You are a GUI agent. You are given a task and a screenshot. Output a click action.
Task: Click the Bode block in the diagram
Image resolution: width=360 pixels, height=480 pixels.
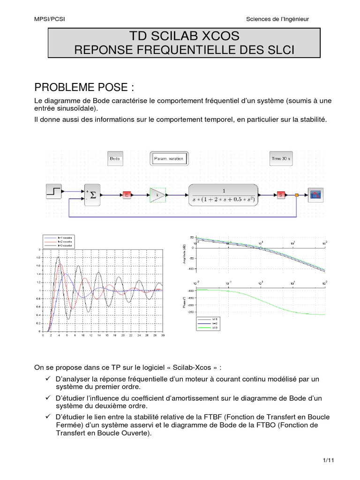tap(115, 159)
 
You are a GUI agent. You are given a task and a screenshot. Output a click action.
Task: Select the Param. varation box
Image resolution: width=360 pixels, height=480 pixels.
tap(169, 159)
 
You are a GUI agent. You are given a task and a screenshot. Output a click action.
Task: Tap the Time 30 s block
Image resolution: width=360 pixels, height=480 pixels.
tap(281, 159)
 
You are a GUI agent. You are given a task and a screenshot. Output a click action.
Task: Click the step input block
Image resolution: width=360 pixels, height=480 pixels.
tap(53, 192)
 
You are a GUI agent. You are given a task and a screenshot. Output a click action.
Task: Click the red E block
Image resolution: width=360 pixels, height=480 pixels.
tap(127, 195)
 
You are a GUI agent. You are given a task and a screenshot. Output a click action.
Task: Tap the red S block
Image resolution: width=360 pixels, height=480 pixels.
tap(281, 195)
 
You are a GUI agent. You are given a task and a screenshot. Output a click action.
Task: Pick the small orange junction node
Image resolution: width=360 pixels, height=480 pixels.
tap(296, 195)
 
